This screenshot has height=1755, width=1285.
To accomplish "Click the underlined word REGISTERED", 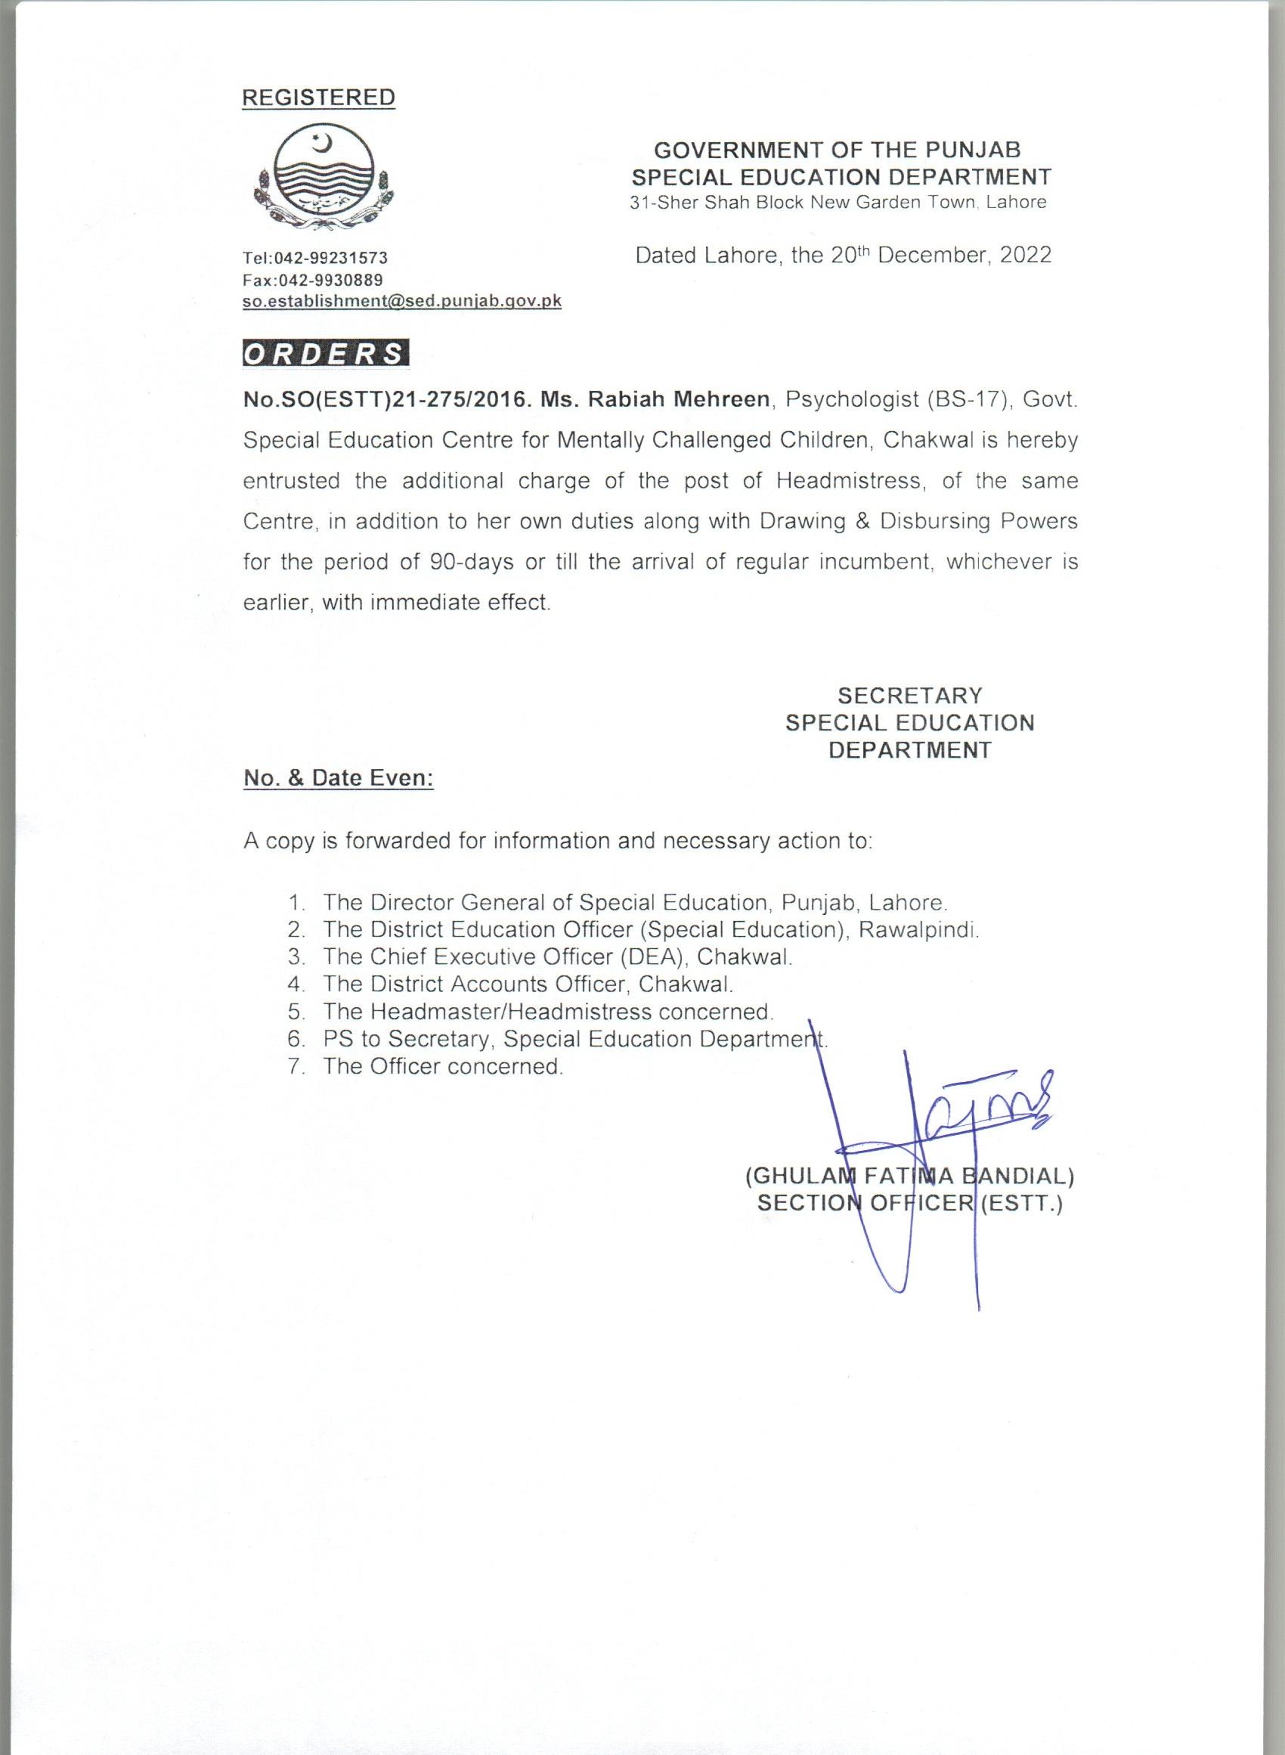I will click(x=319, y=98).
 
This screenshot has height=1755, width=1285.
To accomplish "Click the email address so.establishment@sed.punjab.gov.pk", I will click(x=401, y=301).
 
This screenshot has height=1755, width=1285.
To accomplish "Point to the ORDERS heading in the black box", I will click(x=324, y=354).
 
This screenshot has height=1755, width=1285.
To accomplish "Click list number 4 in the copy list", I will click(x=295, y=984).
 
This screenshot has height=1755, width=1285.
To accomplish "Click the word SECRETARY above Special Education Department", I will click(x=909, y=695).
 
